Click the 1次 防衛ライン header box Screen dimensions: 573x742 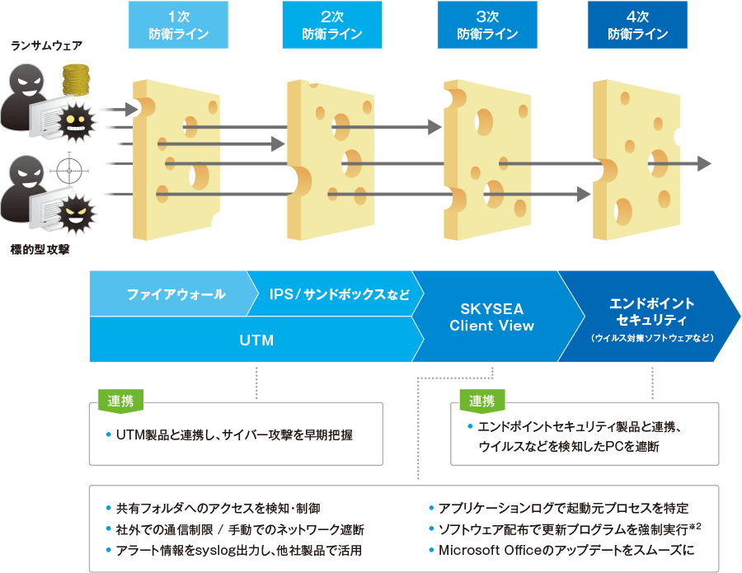tap(179, 26)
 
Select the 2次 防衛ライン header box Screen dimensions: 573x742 tap(331, 26)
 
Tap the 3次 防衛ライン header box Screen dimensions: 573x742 tap(486, 26)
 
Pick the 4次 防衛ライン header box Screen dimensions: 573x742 tap(637, 26)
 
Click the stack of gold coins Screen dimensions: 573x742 tap(75, 81)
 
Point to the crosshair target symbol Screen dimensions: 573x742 tap(68, 171)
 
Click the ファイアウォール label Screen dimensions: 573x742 tap(176, 294)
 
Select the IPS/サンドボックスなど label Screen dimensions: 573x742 tap(339, 294)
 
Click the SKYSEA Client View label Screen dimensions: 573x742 tap(491, 317)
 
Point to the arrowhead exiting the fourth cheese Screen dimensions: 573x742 tap(703, 163)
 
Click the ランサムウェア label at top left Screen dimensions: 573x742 tap(46, 45)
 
